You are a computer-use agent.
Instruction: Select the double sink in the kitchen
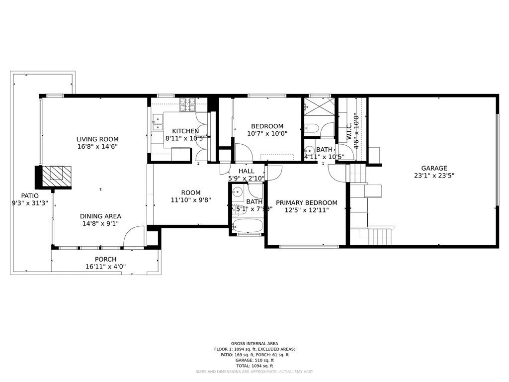157,119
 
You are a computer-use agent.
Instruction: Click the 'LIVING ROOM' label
97,139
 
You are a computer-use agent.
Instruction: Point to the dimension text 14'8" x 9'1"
100,224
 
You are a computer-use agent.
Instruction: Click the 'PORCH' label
105,259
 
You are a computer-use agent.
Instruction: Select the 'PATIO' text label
29,195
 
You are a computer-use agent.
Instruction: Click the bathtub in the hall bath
247,227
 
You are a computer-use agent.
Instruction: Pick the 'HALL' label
247,171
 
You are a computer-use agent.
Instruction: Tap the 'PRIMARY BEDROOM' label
307,202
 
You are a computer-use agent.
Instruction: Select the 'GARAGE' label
434,168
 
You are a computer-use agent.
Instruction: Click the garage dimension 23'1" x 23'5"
434,176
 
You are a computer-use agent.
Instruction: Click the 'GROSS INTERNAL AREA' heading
254,343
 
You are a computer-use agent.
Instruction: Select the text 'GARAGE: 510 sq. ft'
254,360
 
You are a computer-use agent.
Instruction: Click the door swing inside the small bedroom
244,153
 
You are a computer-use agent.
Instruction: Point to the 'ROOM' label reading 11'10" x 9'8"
191,192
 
